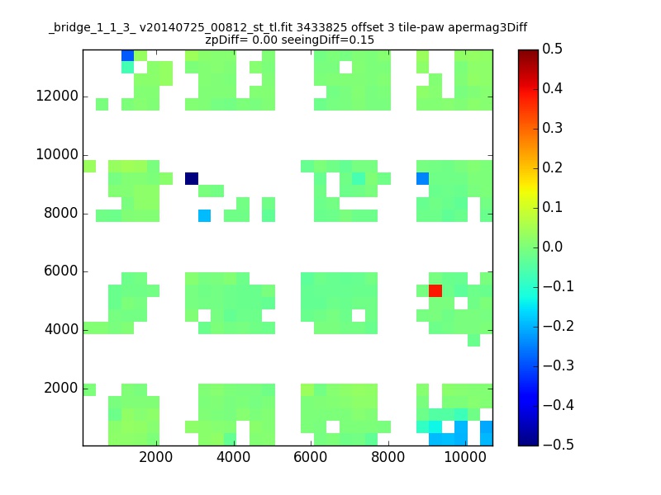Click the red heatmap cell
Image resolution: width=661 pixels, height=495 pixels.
click(435, 290)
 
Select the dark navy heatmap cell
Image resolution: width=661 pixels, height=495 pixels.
click(192, 178)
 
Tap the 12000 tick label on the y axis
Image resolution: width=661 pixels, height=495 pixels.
click(57, 96)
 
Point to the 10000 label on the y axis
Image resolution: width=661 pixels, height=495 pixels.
click(57, 154)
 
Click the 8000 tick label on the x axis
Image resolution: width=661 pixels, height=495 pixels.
click(388, 457)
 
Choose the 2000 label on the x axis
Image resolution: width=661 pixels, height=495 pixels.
click(156, 457)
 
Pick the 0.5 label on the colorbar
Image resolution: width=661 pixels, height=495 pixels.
click(552, 49)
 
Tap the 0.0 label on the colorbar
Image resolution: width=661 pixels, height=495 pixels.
click(552, 247)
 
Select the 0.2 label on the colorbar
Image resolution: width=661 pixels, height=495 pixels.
click(552, 167)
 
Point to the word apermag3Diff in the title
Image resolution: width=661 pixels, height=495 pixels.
click(487, 28)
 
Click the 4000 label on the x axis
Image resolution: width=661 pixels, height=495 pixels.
click(234, 457)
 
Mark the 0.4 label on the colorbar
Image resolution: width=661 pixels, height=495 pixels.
click(552, 88)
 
